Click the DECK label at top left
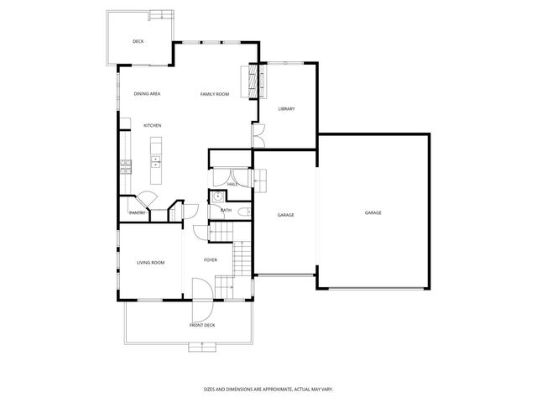point(138,41)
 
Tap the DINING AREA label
point(147,94)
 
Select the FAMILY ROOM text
point(215,94)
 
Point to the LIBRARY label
point(287,108)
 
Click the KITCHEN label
point(152,126)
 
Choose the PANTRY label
point(138,213)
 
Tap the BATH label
point(227,210)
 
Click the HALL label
point(232,184)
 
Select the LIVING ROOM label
point(150,263)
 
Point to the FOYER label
point(211,260)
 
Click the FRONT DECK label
point(203,324)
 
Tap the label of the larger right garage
point(373,213)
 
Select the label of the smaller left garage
point(285,216)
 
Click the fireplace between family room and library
point(252,81)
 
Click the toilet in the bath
point(241,212)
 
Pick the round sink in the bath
point(216,196)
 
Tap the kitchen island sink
point(155,160)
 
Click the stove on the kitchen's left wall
point(125,165)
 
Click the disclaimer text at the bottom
point(268,389)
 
